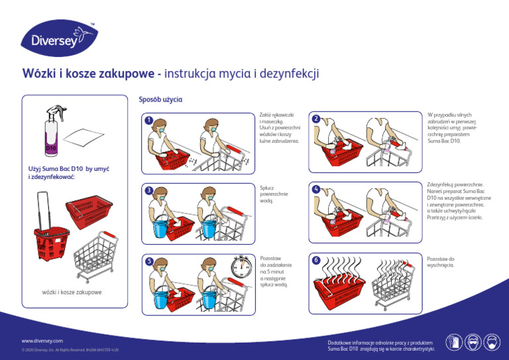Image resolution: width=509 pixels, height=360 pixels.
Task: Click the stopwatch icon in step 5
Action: pyautogui.click(x=241, y=268)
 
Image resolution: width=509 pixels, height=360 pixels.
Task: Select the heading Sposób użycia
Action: pyautogui.click(x=160, y=99)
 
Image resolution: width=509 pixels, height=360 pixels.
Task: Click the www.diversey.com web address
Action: pyautogui.click(x=42, y=340)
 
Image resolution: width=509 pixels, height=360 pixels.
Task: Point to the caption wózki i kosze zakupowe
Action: pyautogui.click(x=72, y=292)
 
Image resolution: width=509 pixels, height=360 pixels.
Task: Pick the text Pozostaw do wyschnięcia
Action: pyautogui.click(x=441, y=261)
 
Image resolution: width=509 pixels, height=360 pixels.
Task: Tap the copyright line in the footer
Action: pyautogui.click(x=70, y=349)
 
